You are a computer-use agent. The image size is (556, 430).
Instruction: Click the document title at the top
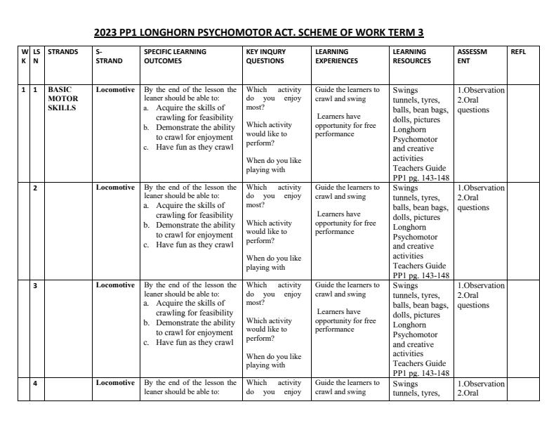pos(258,32)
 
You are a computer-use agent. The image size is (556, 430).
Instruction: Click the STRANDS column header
pos(63,52)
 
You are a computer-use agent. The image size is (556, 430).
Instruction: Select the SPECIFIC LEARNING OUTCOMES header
pos(175,56)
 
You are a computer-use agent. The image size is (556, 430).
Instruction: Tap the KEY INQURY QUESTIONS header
pos(265,56)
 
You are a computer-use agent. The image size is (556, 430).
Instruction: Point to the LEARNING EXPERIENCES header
pos(337,56)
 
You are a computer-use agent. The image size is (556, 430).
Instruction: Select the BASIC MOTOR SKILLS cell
pos(63,99)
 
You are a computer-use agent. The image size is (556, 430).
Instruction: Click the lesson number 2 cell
pos(35,188)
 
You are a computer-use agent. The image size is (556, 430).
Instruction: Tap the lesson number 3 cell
pos(35,286)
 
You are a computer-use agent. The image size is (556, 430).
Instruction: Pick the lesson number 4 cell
pos(35,383)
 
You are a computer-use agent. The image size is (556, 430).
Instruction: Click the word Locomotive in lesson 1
pos(115,90)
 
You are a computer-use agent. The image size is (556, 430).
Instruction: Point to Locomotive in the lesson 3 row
pos(115,285)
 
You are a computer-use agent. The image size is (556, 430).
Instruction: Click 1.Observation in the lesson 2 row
pos(481,188)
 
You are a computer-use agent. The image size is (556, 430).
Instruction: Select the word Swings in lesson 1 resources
pos(406,91)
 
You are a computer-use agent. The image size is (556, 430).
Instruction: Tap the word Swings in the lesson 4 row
pos(406,384)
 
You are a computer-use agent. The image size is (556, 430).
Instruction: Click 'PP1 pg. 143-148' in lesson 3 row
pos(421,373)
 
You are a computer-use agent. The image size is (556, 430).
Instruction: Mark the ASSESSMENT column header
pos(472,56)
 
